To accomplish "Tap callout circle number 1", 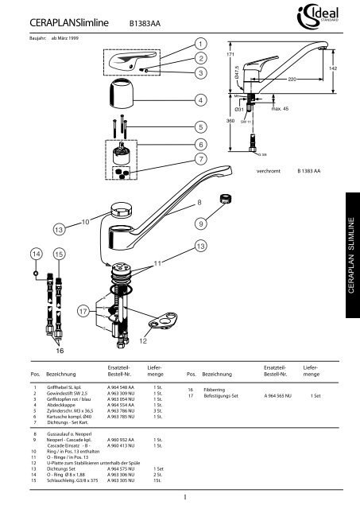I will click(200, 43).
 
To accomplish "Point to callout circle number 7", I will click(200, 160).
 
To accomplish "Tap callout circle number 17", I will click(82, 313).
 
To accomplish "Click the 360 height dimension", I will click(230, 120).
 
